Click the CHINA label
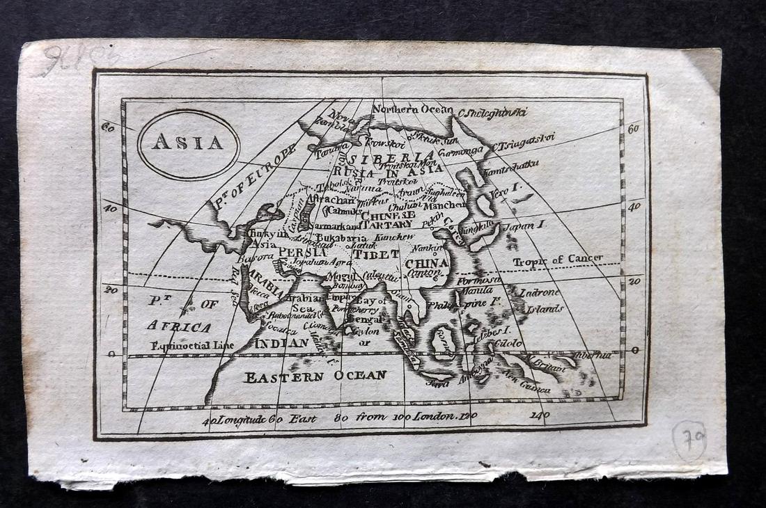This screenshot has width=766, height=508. click(427, 264)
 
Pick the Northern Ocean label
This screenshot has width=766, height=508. click(412, 109)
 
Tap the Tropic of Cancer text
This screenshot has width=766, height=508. click(558, 260)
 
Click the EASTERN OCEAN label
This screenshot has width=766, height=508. click(315, 376)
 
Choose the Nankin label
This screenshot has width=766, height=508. click(426, 247)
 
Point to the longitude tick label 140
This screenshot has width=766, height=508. click(538, 415)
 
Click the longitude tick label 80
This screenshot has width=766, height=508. click(341, 418)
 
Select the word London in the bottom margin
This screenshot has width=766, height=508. click(435, 417)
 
